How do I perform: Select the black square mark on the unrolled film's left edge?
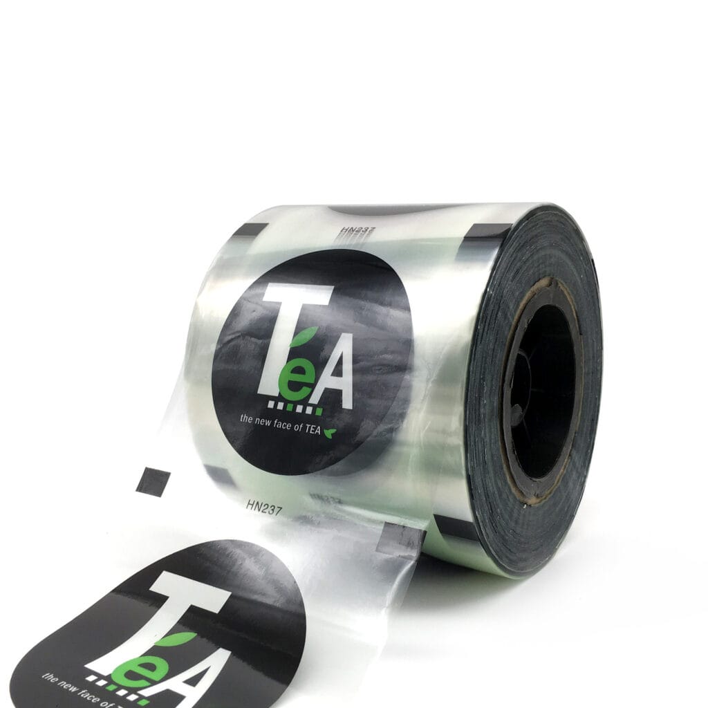pyautogui.click(x=153, y=481)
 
